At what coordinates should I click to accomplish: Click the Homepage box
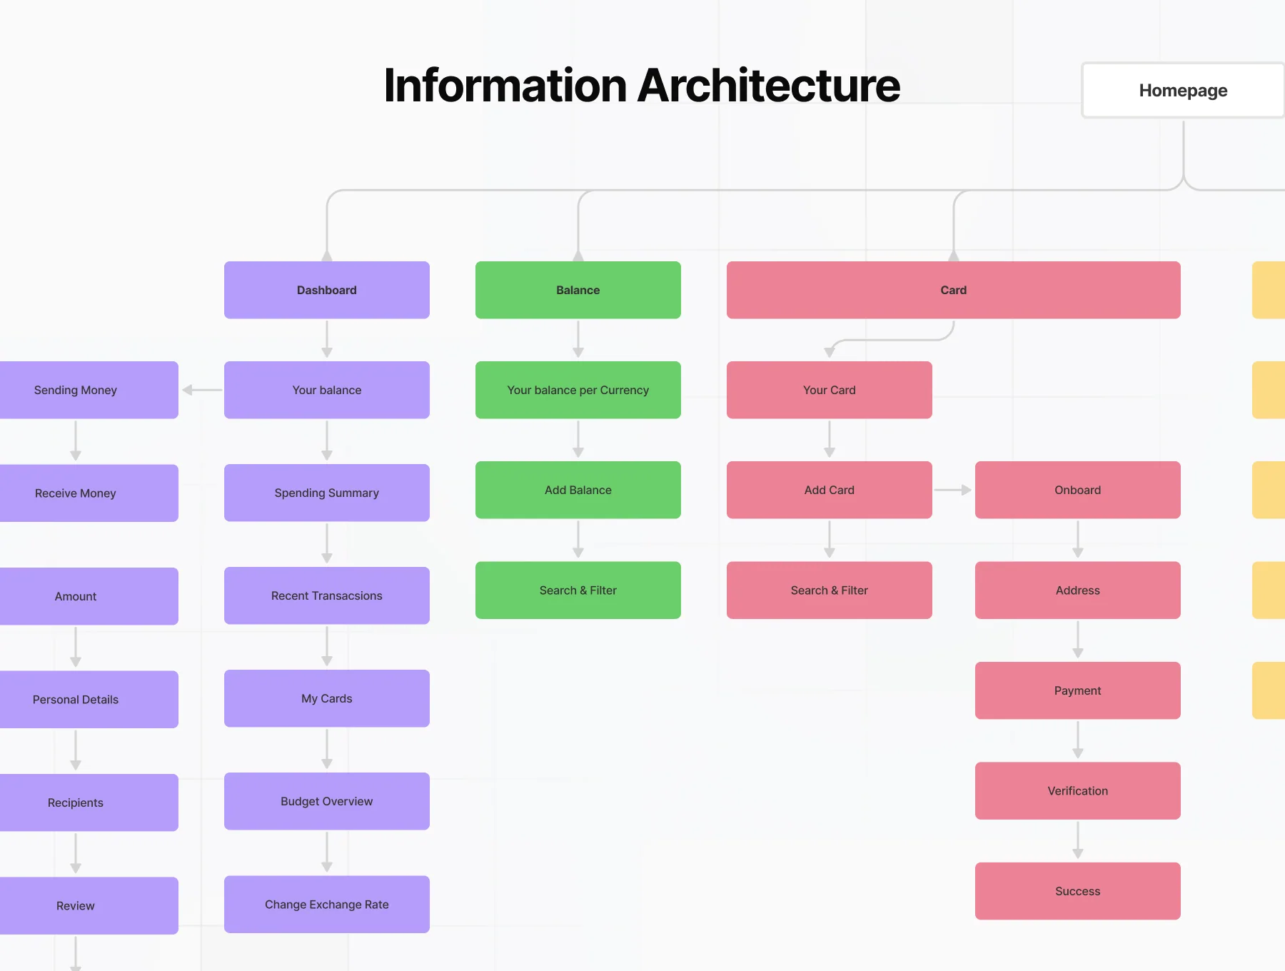point(1183,90)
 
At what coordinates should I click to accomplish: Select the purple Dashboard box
point(327,290)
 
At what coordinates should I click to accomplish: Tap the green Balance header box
point(578,290)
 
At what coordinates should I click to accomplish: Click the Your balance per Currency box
point(578,390)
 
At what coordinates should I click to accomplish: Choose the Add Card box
point(830,490)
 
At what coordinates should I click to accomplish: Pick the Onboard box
point(1078,490)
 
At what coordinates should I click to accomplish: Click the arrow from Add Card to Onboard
point(953,490)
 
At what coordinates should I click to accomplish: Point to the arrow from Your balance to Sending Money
point(202,390)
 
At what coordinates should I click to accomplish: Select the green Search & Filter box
point(578,590)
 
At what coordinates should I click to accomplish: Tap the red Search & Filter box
point(830,590)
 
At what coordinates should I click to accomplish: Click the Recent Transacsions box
point(327,595)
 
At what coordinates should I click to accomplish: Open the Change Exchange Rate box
point(327,905)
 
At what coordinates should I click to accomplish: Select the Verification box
point(1078,791)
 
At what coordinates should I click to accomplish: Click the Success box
point(1078,891)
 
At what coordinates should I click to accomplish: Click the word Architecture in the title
point(768,86)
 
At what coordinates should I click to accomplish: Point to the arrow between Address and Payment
point(1078,640)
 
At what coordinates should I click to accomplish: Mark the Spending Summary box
point(327,493)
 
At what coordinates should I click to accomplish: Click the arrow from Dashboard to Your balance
point(327,339)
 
